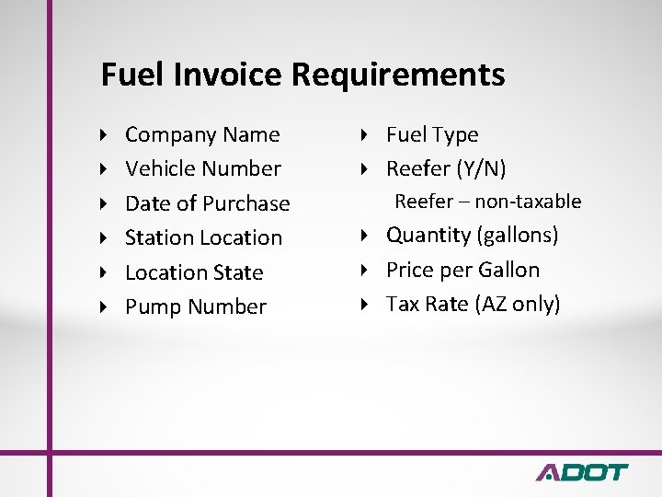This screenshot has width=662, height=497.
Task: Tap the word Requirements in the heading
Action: (x=399, y=75)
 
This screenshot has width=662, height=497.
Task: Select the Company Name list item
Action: (x=201, y=135)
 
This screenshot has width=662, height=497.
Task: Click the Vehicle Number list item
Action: (x=202, y=169)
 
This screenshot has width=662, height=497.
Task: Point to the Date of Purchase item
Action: (x=207, y=203)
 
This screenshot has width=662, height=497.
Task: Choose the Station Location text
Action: (x=203, y=237)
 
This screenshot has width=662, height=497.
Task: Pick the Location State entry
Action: (x=193, y=272)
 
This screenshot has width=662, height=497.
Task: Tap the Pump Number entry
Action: (x=195, y=306)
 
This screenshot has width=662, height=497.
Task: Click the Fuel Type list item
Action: (x=431, y=135)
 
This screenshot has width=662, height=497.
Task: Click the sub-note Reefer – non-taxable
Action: (x=487, y=202)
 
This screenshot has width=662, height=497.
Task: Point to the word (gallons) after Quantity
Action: (x=517, y=236)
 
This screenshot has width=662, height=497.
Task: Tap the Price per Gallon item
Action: (x=462, y=270)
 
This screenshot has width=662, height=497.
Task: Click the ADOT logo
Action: (x=581, y=472)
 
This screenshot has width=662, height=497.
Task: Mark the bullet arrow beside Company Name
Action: (x=104, y=135)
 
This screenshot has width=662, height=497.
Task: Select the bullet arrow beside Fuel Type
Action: (x=364, y=135)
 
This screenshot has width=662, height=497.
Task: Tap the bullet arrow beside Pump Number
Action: (x=104, y=306)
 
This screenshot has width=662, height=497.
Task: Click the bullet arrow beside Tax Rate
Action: (x=364, y=305)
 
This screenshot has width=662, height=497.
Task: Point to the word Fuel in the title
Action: (x=130, y=75)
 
